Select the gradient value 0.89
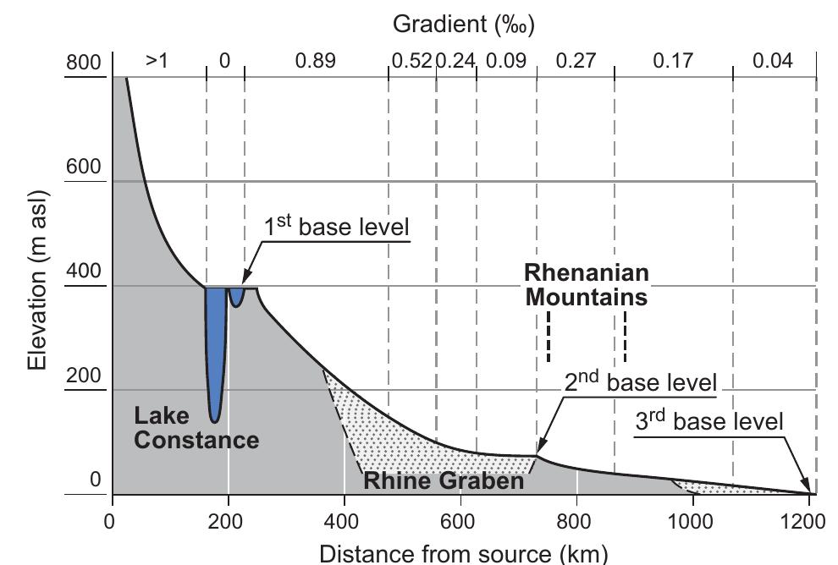315,62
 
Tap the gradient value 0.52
411,62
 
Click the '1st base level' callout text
338,227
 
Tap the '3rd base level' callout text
709,421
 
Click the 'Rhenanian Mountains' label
587,285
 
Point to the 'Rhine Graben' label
444,481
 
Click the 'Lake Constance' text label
196,428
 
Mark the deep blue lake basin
216,355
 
